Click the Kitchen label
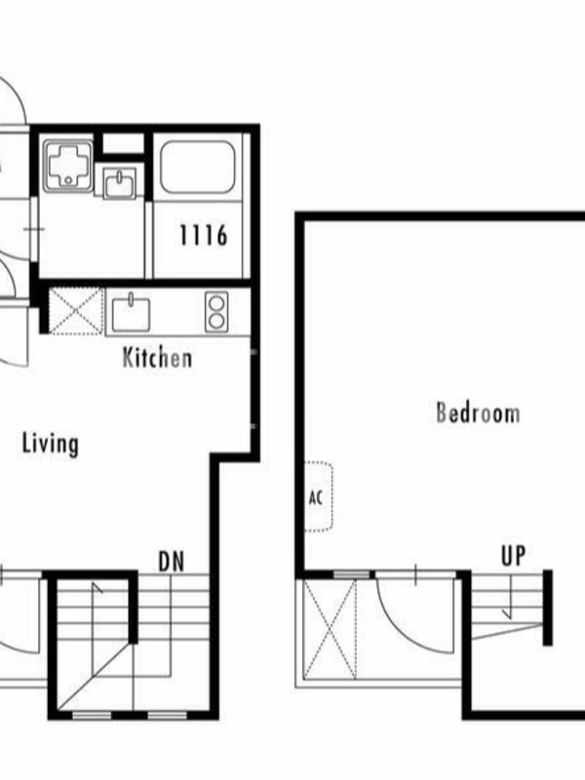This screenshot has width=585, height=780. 157,358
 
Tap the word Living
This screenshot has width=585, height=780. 51,444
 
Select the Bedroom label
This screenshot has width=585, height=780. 478,412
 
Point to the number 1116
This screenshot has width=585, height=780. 204,235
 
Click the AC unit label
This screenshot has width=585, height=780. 315,497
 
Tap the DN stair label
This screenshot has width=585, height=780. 172,562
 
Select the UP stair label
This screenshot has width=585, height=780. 513,556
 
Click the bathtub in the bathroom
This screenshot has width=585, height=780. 198,167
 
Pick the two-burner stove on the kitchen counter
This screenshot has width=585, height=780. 216,312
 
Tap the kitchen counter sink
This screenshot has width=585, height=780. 131,314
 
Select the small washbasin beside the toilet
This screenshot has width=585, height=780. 119,183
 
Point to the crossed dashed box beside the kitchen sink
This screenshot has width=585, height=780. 76,311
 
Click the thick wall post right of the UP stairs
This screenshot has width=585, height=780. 548,607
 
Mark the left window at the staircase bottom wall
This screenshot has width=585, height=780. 92,716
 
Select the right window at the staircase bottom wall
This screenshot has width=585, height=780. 168,716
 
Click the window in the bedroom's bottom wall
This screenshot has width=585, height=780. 352,575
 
